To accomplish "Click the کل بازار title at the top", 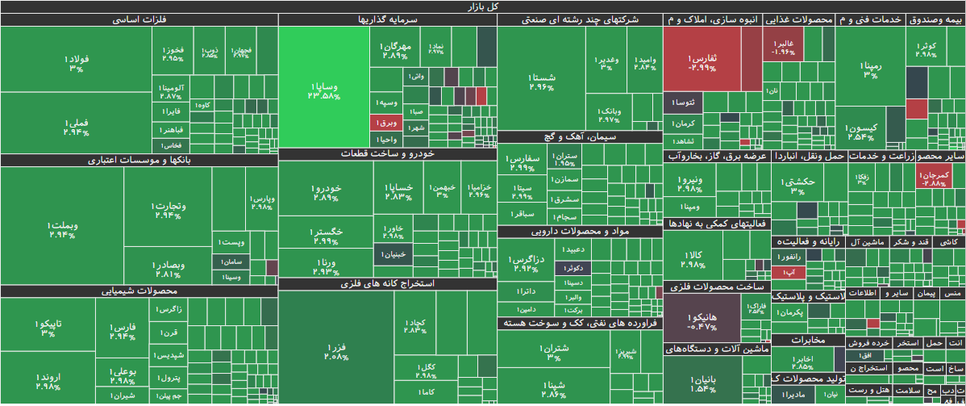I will (x=483, y=6).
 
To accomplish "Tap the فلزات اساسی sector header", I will (x=139, y=19).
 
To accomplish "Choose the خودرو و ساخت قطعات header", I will (x=387, y=153).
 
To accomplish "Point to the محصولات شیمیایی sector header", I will (x=139, y=291).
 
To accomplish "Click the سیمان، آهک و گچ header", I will (x=579, y=137).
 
